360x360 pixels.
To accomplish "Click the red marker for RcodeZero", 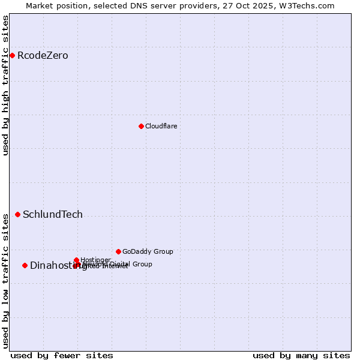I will pos(12,56).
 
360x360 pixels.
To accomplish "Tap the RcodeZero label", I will pos(43,56).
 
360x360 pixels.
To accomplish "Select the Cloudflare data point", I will pos(141,126).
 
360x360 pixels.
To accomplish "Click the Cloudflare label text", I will pos(161,126).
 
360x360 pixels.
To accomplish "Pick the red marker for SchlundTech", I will pos(17,214).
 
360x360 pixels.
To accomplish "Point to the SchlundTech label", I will pos(53,215).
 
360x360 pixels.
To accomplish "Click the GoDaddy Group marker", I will pos(118,251).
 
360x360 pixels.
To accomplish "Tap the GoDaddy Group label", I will pos(148,251).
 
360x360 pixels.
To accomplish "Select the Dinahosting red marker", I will pos(25,265).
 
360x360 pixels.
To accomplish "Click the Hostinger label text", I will pos(95,260).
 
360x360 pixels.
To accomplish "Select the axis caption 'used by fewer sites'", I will pos(62,355).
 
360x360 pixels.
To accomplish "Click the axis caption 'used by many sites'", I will pos(301,355).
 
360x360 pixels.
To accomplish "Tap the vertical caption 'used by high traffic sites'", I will pos(5,85).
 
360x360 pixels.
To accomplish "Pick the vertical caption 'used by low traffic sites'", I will pos(5,280).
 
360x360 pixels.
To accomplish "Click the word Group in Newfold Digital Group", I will pos(142,264).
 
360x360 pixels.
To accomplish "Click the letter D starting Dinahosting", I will pos(34,265).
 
